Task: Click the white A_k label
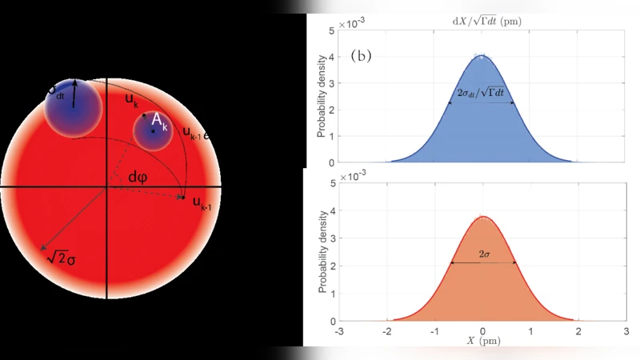point(160,122)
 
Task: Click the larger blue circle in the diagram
point(73,105)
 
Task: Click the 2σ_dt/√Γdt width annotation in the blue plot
point(482,94)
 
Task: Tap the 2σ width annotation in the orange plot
point(484,254)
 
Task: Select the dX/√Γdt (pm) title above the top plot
point(482,22)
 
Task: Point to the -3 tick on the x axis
point(340,330)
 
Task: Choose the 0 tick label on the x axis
point(482,330)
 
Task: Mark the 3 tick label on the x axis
point(625,330)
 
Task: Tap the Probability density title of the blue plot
point(322,96)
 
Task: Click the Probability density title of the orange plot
point(322,254)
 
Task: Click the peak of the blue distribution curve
point(482,55)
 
